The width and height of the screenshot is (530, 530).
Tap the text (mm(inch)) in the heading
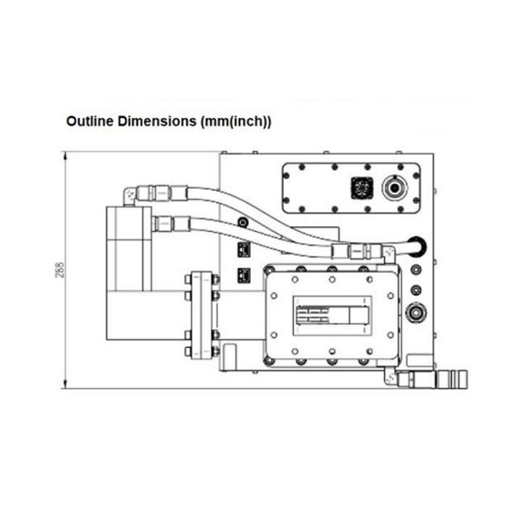click(x=236, y=122)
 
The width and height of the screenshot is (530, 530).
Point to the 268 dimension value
click(x=60, y=270)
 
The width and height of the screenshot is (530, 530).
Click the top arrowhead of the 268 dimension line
click(x=65, y=156)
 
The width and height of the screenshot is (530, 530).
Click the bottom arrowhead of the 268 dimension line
click(x=65, y=384)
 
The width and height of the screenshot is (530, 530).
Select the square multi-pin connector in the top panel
click(x=362, y=187)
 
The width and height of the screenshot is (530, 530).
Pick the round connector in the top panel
click(x=394, y=187)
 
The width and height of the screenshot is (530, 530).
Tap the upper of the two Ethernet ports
click(x=244, y=250)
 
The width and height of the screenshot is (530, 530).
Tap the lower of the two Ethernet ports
click(x=244, y=276)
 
